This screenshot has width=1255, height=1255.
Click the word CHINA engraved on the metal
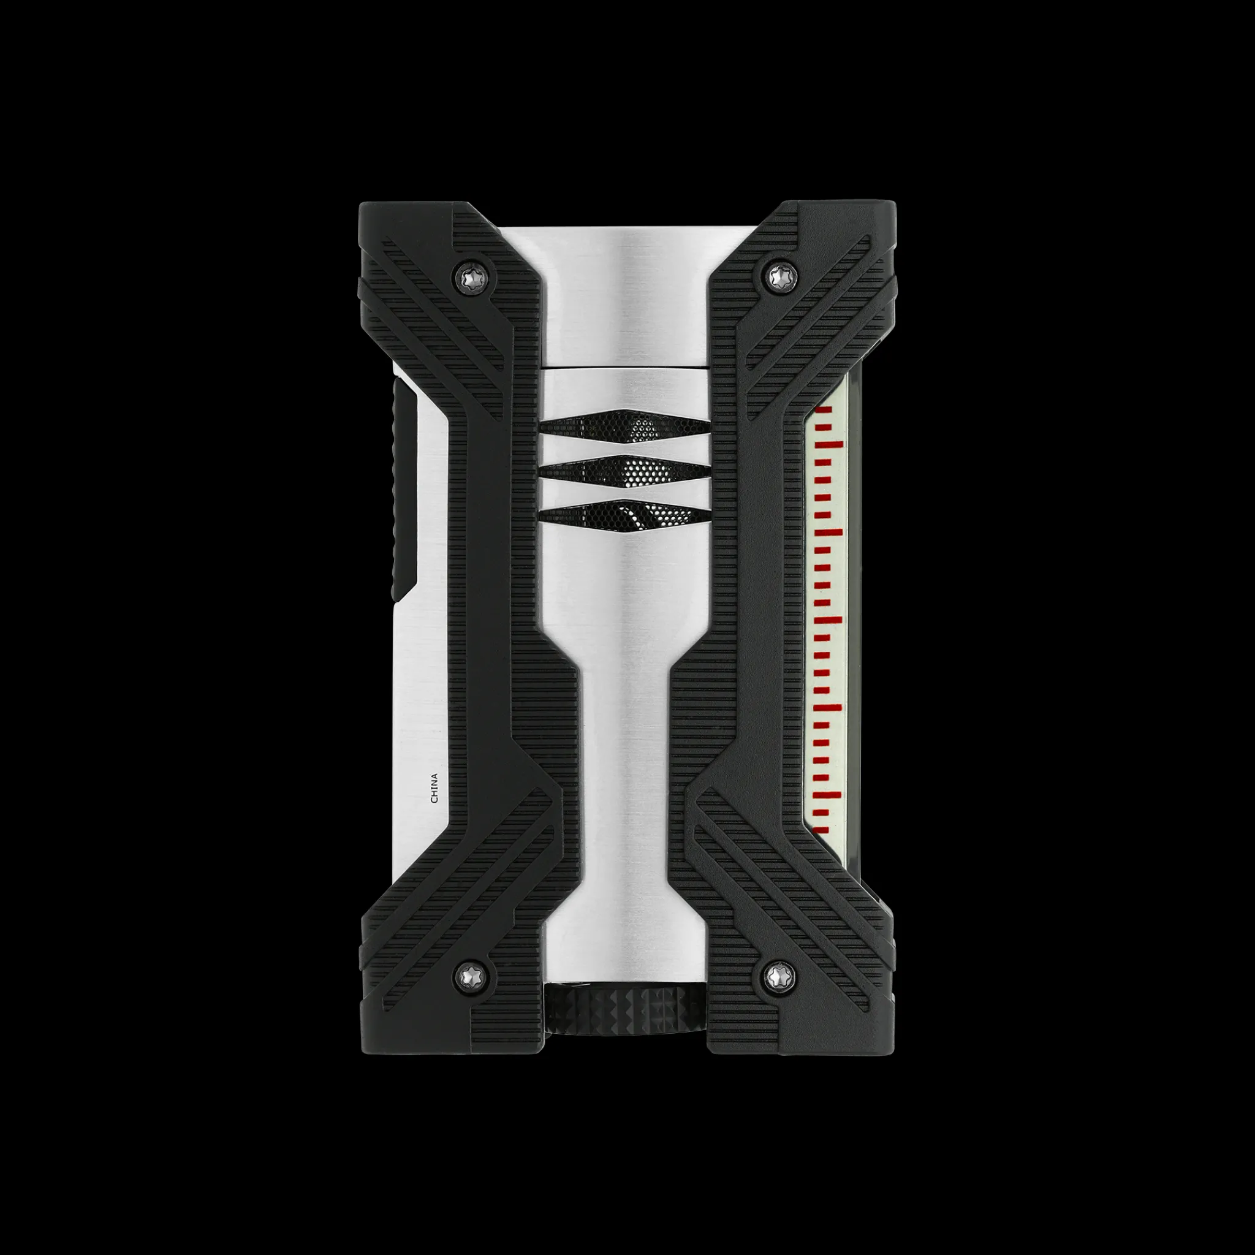434,788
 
